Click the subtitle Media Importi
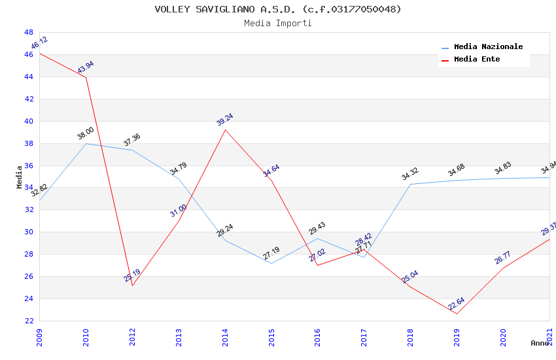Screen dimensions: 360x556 [x=277, y=23]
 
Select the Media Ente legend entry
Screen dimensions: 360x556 [x=477, y=60]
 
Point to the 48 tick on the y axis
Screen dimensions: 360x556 [x=29, y=32]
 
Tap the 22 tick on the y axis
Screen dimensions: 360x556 [x=29, y=321]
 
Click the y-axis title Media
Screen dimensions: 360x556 [x=19, y=177]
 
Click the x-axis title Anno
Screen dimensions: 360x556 [x=540, y=343]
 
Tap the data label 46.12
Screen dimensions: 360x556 [x=39, y=43]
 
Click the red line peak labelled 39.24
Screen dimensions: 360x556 [x=225, y=130]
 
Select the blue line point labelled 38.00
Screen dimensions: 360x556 [x=86, y=143]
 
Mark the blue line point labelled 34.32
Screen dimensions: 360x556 [x=411, y=184]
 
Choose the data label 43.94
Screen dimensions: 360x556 [x=86, y=67]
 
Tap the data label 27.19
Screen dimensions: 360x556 [x=271, y=253]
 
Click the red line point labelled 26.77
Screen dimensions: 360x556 [x=504, y=268]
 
